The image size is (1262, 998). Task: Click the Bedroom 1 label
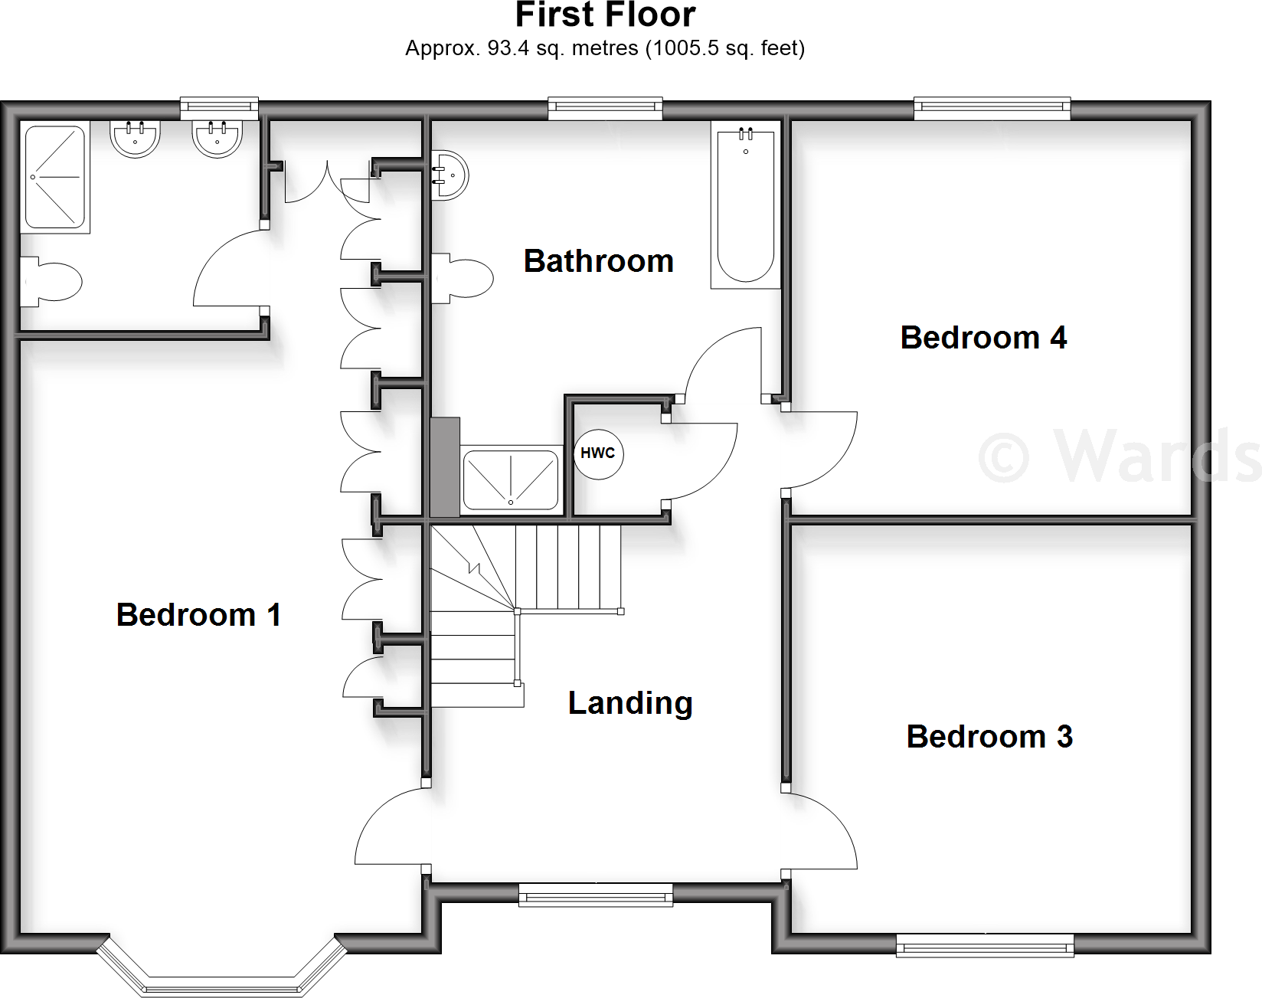pyautogui.click(x=198, y=615)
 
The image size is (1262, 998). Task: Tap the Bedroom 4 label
pyautogui.click(x=983, y=338)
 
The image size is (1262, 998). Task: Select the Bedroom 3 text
pyautogui.click(x=989, y=737)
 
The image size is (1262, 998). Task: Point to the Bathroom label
pyautogui.click(x=598, y=261)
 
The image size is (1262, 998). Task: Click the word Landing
pyautogui.click(x=630, y=703)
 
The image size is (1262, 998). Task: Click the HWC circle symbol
pyautogui.click(x=598, y=453)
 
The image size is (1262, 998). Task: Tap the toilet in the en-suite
pyautogui.click(x=51, y=282)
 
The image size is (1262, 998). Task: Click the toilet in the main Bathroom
pyautogui.click(x=463, y=278)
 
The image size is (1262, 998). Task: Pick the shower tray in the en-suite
pyautogui.click(x=55, y=177)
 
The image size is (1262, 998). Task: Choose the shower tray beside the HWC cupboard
pyautogui.click(x=511, y=479)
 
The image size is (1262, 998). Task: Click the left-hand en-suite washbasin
pyautogui.click(x=136, y=139)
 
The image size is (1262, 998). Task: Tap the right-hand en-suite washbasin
pyautogui.click(x=217, y=139)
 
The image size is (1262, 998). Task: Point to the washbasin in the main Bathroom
pyautogui.click(x=450, y=175)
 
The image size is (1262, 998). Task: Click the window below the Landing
pyautogui.click(x=596, y=895)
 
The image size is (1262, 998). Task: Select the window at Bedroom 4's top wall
pyautogui.click(x=992, y=109)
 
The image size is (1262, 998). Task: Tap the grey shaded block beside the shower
pyautogui.click(x=445, y=467)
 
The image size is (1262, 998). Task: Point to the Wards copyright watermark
pyautogui.click(x=1118, y=457)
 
